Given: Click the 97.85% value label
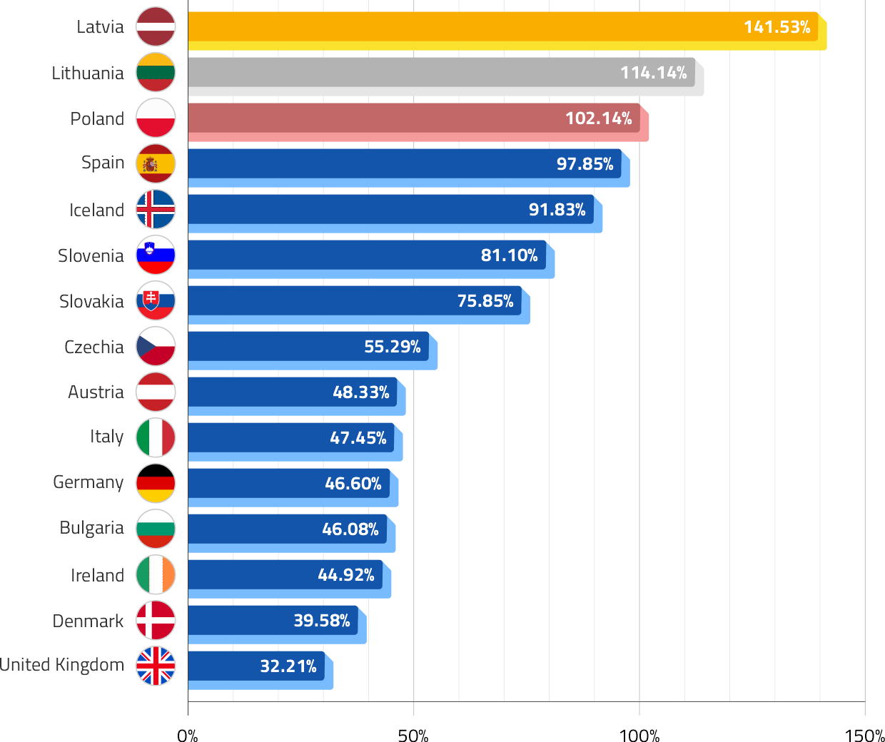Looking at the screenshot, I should [x=585, y=164].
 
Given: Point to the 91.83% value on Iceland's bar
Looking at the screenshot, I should [x=557, y=210].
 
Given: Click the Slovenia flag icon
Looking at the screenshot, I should [x=156, y=255].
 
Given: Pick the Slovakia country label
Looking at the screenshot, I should [x=91, y=301].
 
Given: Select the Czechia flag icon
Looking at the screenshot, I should [x=156, y=347].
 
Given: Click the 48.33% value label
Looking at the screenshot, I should [x=360, y=392].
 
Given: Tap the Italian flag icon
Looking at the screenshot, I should [x=156, y=438].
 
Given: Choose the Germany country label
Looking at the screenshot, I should [x=88, y=483].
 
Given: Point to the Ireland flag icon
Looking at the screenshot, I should [x=156, y=575].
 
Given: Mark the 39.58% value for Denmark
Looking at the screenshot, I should [x=321, y=621].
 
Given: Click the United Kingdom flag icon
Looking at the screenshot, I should [x=156, y=666].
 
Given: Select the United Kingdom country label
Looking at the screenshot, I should [x=62, y=665].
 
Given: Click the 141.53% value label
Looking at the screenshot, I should [x=777, y=27].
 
